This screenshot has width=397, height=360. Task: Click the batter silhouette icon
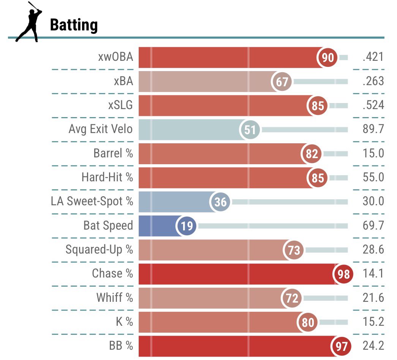[x=28, y=22]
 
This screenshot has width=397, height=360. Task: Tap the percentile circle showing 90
[x=327, y=57]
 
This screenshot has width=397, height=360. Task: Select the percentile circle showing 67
[x=282, y=81]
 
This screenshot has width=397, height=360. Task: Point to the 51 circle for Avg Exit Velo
[x=250, y=130]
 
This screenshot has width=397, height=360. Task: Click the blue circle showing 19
[x=186, y=226]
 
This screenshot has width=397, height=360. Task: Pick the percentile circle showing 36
[x=220, y=202]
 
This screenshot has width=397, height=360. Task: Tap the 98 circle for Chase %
[x=343, y=274]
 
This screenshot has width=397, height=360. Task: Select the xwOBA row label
[x=115, y=57]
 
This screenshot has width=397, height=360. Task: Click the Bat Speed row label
[x=108, y=225]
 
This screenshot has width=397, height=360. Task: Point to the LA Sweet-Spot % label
[x=92, y=201]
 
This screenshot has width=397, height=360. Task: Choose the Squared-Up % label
[x=99, y=250]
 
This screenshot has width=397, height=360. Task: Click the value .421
[x=373, y=57]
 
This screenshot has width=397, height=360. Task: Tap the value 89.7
[x=373, y=130]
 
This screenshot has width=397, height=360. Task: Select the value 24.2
[x=373, y=346]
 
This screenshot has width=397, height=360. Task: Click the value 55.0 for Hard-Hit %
[x=373, y=178]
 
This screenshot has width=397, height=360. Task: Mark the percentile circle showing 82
[x=312, y=154]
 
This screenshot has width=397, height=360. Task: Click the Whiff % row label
[x=115, y=298]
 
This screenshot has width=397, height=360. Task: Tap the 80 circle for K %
[x=308, y=322]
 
